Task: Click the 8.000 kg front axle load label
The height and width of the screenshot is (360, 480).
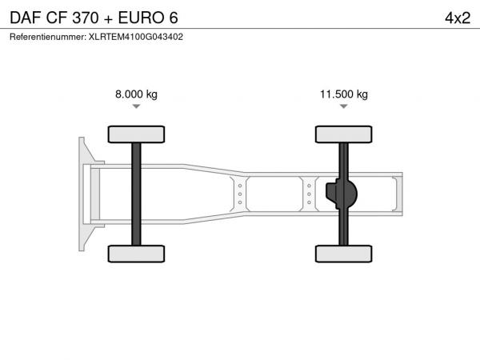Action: coord(136,94)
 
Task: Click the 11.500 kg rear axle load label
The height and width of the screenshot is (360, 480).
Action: coord(344,94)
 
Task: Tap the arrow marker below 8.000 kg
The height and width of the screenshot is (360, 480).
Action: coord(136,106)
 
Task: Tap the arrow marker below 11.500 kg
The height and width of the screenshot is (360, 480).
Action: coord(344,106)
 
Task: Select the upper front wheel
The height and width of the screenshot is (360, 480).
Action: coord(136,134)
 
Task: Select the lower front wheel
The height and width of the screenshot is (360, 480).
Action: coord(136,254)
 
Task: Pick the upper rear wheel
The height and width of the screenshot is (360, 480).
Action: coord(344,134)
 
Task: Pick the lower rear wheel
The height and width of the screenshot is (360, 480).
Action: coord(344,254)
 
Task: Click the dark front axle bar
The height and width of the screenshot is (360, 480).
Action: coord(136,194)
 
